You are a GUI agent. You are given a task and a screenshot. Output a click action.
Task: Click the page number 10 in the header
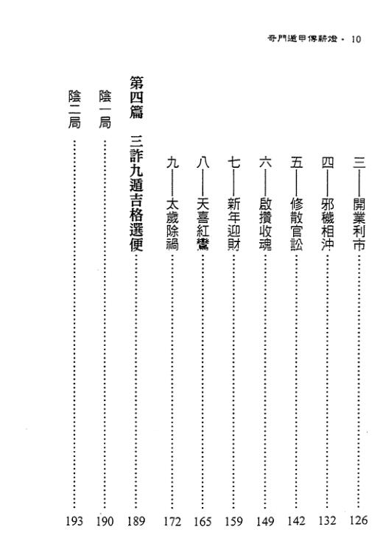tap(356, 39)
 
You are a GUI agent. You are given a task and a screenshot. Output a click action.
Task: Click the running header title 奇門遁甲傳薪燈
tap(303, 38)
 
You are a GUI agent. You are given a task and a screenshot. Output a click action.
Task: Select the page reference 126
tap(358, 520)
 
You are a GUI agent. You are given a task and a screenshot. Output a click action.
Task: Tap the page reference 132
tap(327, 520)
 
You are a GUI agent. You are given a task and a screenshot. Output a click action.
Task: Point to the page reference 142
tap(296, 520)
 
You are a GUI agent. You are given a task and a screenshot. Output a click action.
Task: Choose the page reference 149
tap(265, 521)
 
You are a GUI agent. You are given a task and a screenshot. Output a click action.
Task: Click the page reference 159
tap(233, 521)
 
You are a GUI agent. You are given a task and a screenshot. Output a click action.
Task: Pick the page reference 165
tap(203, 521)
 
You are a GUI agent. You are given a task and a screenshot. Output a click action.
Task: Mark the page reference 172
tap(172, 521)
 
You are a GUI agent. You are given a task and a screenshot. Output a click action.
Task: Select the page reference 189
tap(136, 521)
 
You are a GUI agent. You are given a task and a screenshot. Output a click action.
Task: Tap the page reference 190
tap(105, 521)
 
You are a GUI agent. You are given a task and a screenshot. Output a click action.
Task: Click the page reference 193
tap(74, 521)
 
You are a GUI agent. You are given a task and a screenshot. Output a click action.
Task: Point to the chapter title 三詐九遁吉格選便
tap(136, 193)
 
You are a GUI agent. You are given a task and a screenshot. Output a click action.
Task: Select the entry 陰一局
tap(105, 110)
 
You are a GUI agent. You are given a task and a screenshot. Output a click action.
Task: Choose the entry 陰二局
tap(74, 110)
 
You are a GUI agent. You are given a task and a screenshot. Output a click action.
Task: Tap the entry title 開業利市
tap(359, 224)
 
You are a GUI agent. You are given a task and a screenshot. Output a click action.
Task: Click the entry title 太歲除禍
tap(172, 224)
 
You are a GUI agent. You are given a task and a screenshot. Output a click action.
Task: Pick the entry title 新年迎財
tap(233, 224)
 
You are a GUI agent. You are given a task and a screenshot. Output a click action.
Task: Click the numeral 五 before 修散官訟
tap(296, 163)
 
